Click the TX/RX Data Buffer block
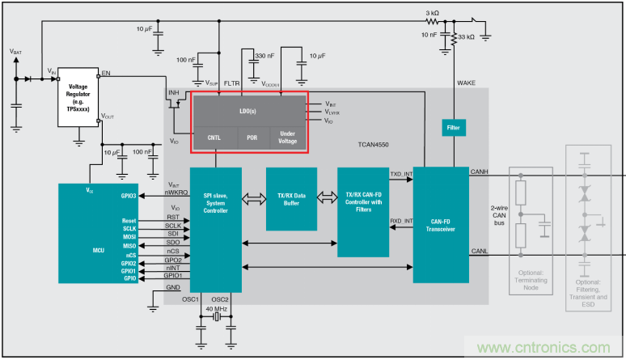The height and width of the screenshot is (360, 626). point(291,198)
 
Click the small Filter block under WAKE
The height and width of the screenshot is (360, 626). point(453,127)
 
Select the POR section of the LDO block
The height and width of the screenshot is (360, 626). point(252,138)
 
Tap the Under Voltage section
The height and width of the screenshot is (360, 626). point(288,138)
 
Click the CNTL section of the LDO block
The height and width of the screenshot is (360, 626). point(214,138)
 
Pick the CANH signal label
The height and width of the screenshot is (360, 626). point(480,171)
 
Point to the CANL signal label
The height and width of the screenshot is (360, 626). point(480,251)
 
